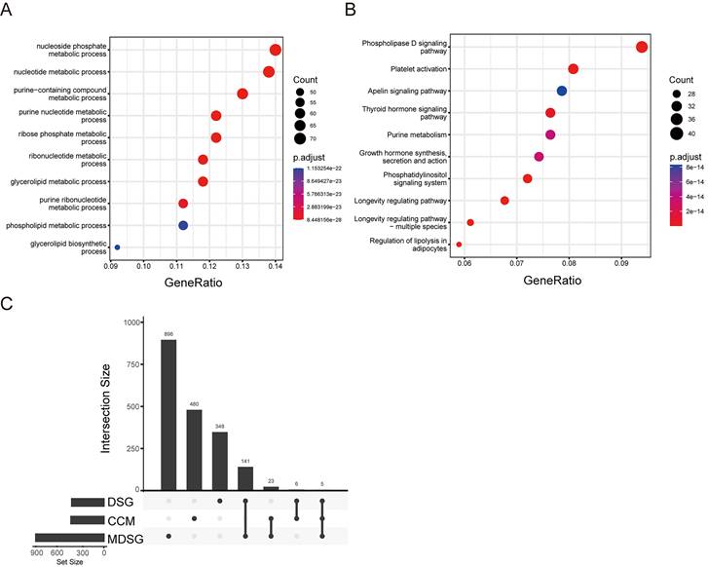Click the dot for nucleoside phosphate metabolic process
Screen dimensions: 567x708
click(x=276, y=51)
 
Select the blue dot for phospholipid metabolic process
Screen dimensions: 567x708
click(x=183, y=225)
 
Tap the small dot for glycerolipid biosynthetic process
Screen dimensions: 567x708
click(x=118, y=247)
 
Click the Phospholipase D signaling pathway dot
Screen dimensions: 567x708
click(x=642, y=47)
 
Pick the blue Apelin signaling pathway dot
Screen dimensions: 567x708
click(x=562, y=91)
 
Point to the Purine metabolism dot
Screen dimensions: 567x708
click(x=550, y=134)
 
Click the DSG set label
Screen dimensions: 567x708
click(x=120, y=503)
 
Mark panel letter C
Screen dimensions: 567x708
click(x=8, y=303)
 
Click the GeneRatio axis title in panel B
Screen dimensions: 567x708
click(x=551, y=279)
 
